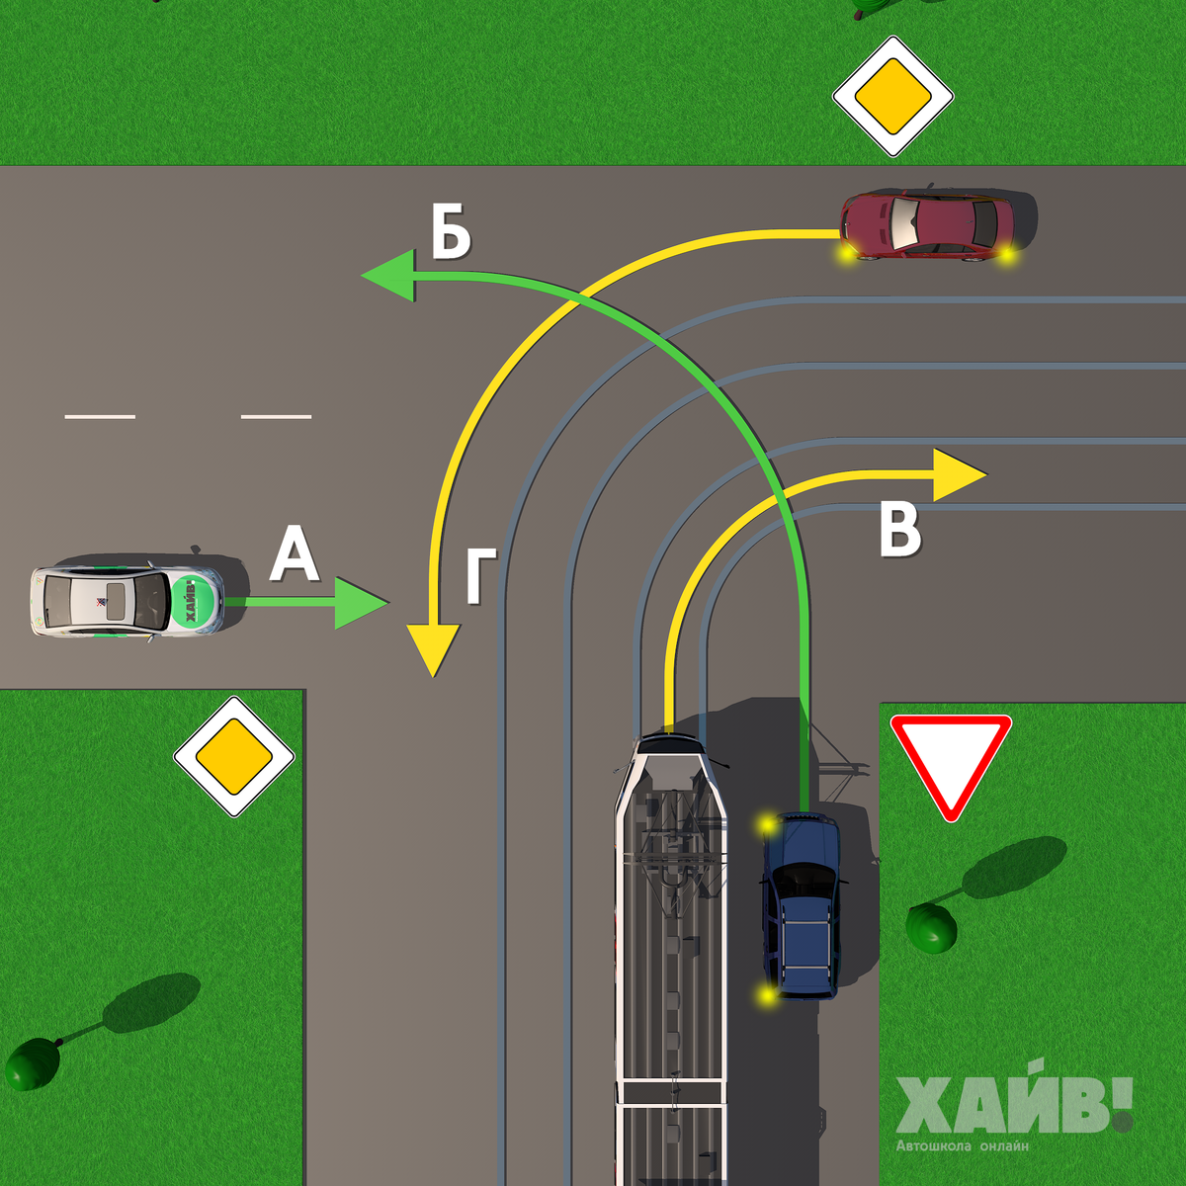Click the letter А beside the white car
tap(295, 555)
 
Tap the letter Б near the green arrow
tap(451, 233)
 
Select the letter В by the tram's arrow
tap(899, 530)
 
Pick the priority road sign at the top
tap(892, 97)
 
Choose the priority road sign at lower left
tap(234, 757)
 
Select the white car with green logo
tap(127, 600)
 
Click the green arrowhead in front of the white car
tap(360, 602)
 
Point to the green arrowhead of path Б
tap(388, 276)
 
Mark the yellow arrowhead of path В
tap(958, 475)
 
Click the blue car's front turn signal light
tap(766, 822)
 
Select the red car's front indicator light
tap(846, 254)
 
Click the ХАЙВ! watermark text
tap(1013, 1106)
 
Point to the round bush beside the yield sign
tap(931, 928)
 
